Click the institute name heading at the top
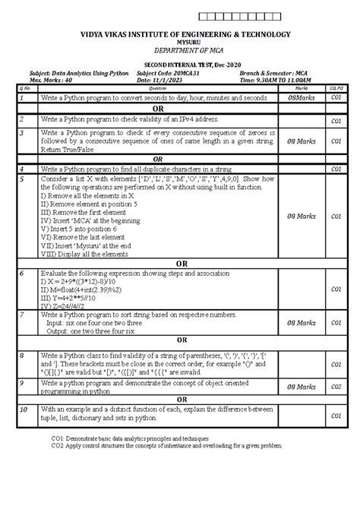point(180,35)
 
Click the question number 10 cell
point(24,409)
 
